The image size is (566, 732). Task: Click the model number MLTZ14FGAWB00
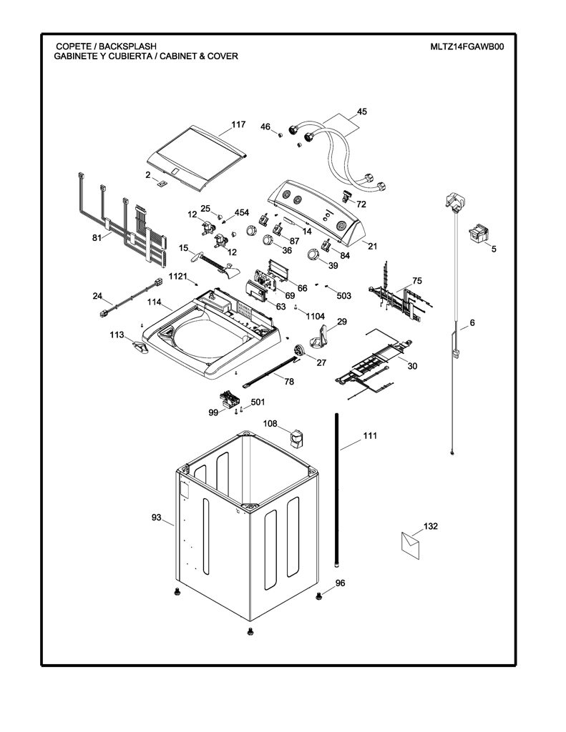(467, 46)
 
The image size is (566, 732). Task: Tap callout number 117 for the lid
(238, 124)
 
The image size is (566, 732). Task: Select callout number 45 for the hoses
(362, 112)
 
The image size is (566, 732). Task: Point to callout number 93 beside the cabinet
(156, 518)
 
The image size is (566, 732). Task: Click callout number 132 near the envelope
(431, 526)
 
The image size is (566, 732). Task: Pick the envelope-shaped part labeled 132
(410, 545)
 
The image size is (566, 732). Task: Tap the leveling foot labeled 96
(319, 595)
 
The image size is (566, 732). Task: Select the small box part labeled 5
(479, 232)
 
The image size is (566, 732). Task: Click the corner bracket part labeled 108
(296, 438)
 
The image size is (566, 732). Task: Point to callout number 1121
(177, 276)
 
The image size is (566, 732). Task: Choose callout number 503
(343, 295)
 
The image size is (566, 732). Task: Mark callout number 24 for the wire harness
(97, 295)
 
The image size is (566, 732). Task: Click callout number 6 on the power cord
(472, 322)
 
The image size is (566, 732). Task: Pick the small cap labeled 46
(280, 135)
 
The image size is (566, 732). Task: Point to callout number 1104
(316, 317)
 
